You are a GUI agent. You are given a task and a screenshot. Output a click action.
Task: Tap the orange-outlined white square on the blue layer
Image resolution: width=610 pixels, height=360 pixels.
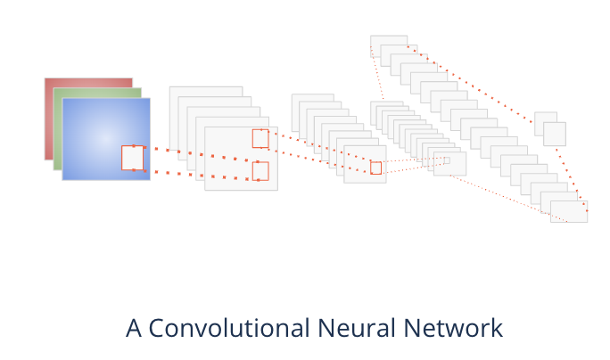[x=132, y=158]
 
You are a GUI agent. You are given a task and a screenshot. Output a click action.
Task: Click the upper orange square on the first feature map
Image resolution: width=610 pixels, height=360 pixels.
[x=260, y=138]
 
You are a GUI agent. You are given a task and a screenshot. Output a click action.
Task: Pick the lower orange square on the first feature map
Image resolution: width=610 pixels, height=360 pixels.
[x=260, y=170]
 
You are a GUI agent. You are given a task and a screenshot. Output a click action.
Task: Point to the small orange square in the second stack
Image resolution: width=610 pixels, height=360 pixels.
[x=375, y=168]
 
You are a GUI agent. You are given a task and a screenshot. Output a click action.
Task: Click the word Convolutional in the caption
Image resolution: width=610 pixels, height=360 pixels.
[x=228, y=328]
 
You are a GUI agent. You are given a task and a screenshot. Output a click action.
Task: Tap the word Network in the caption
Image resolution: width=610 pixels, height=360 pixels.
[x=454, y=328]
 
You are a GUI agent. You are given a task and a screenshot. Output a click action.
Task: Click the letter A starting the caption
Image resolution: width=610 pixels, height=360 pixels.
[x=135, y=328]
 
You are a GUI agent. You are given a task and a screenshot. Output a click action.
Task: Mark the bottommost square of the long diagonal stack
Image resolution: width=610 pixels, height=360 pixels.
[x=568, y=211]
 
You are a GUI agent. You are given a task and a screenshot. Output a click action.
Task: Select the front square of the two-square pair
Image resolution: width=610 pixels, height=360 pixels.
[x=554, y=134]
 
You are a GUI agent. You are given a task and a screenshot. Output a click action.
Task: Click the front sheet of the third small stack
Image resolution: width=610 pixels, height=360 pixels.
[x=449, y=164]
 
